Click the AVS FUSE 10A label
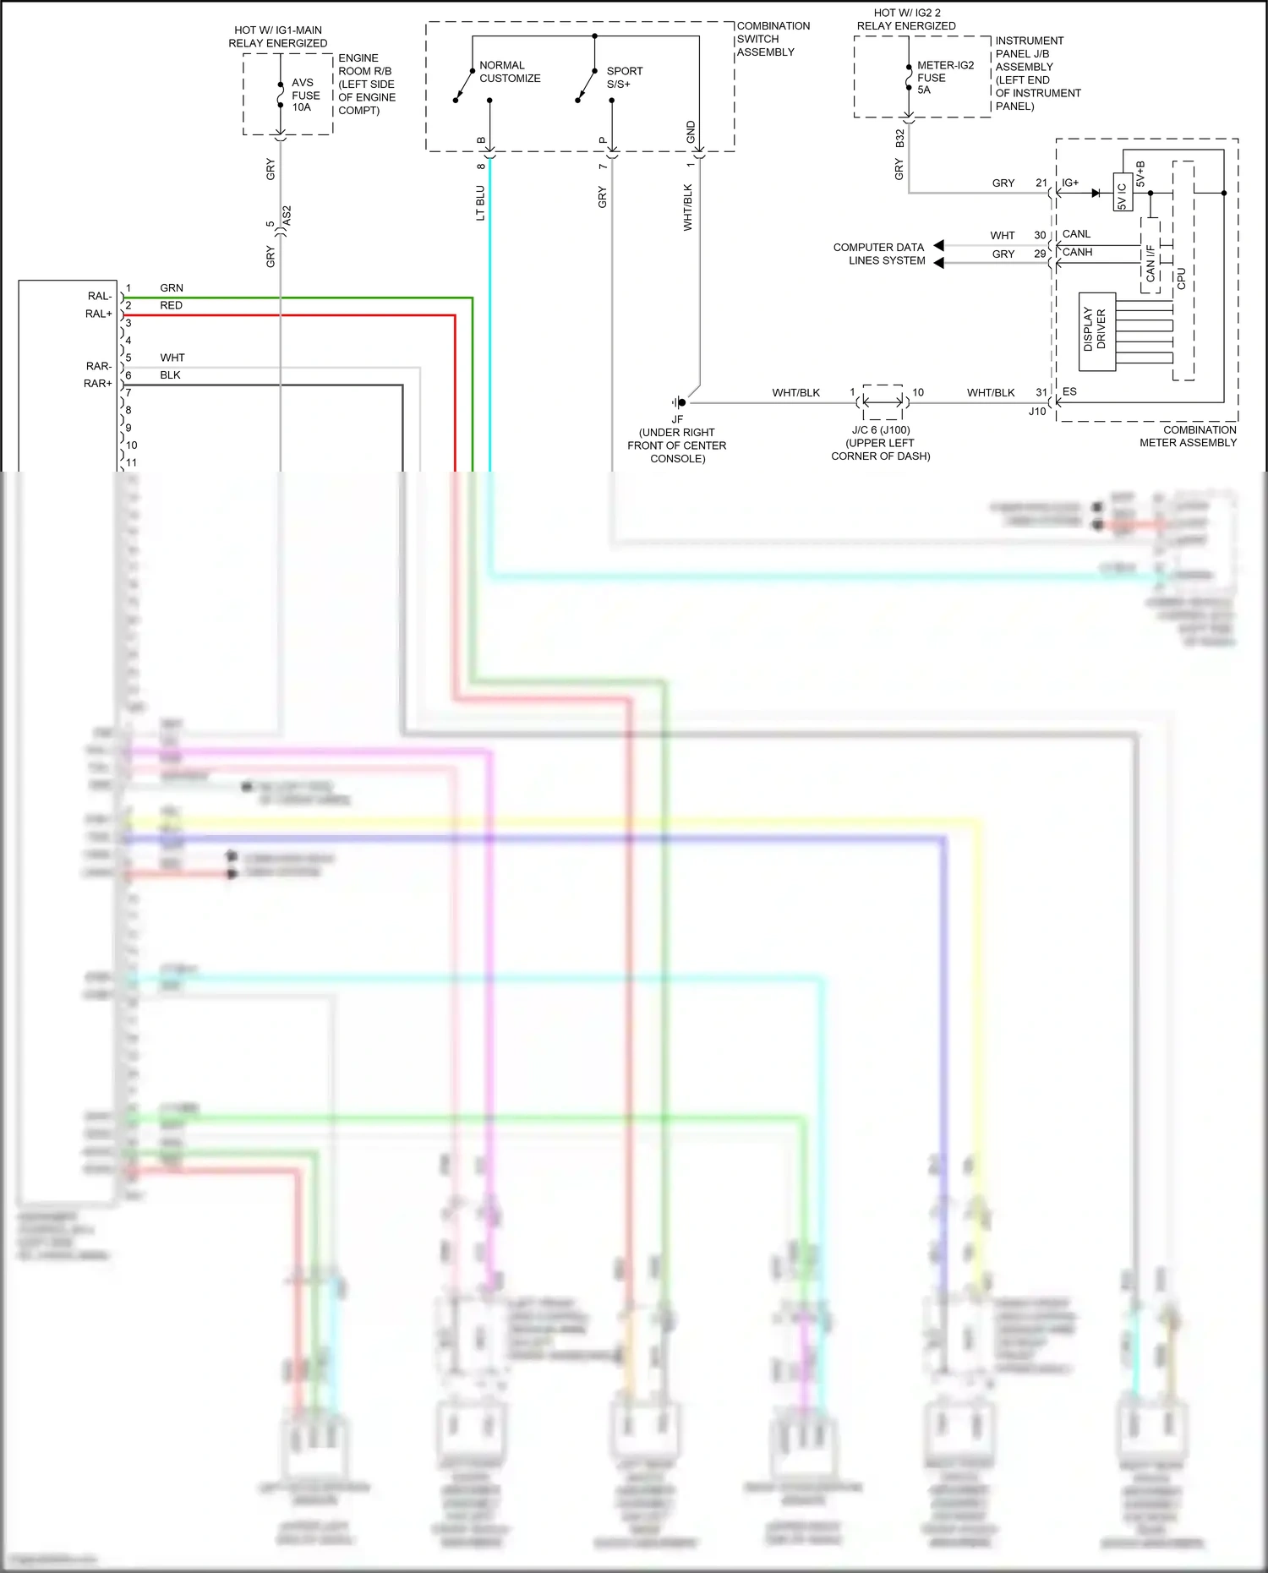coord(304,95)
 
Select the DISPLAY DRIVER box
coord(1096,331)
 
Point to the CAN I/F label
coord(1150,263)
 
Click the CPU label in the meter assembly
coord(1181,278)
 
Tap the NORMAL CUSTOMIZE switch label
coord(509,72)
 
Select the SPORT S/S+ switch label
coord(624,78)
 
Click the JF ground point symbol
coord(679,402)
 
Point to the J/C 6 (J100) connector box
coord(883,402)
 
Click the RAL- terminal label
coord(99,296)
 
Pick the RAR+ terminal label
coord(97,384)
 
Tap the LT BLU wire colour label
coord(480,204)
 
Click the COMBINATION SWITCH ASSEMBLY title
coord(772,39)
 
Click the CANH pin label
coord(1077,252)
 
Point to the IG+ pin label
coord(1070,183)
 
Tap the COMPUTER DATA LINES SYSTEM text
coord(879,254)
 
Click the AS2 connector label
coord(287,215)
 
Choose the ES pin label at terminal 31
coord(1069,391)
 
